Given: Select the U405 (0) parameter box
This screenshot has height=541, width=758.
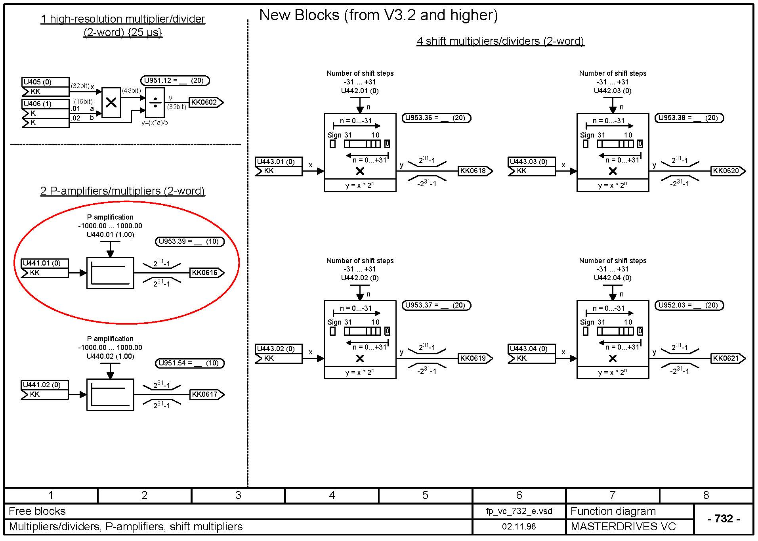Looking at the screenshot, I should pyautogui.click(x=45, y=82).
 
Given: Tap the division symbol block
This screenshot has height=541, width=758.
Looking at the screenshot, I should pyautogui.click(x=155, y=103).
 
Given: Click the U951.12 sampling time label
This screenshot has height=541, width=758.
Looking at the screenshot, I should pyautogui.click(x=175, y=80).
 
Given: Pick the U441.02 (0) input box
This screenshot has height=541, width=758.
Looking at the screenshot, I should pyautogui.click(x=44, y=385).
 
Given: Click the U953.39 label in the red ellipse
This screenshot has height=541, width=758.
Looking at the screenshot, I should pyautogui.click(x=189, y=241).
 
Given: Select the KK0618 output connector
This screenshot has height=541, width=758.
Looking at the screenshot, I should pyautogui.click(x=475, y=171).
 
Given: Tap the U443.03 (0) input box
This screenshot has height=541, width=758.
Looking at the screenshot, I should pyautogui.click(x=531, y=162).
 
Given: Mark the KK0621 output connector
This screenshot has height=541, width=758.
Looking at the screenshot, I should pyautogui.click(x=727, y=358).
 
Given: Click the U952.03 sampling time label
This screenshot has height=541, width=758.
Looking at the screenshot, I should pyautogui.click(x=689, y=305).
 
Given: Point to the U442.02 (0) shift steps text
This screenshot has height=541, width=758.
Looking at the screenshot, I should pyautogui.click(x=360, y=278).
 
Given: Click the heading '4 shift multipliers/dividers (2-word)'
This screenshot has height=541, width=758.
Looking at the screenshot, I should pyautogui.click(x=500, y=41).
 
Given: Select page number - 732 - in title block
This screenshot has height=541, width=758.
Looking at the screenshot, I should pyautogui.click(x=724, y=519).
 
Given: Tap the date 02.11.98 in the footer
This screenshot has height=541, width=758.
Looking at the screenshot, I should pyautogui.click(x=519, y=526).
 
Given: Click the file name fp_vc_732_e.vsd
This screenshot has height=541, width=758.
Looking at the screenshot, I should pyautogui.click(x=519, y=511).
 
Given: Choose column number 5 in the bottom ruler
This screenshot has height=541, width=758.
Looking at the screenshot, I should pyautogui.click(x=425, y=495).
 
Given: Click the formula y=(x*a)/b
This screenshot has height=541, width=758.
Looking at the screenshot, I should pyautogui.click(x=155, y=123).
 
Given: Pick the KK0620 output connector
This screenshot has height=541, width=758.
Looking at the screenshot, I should pyautogui.click(x=727, y=171).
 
